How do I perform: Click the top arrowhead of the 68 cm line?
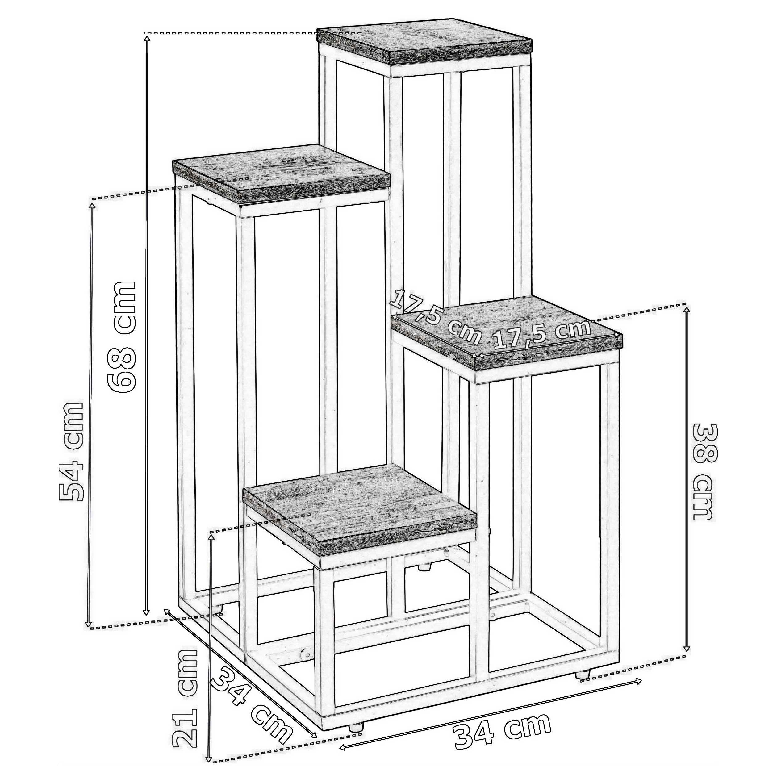click(x=147, y=37)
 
